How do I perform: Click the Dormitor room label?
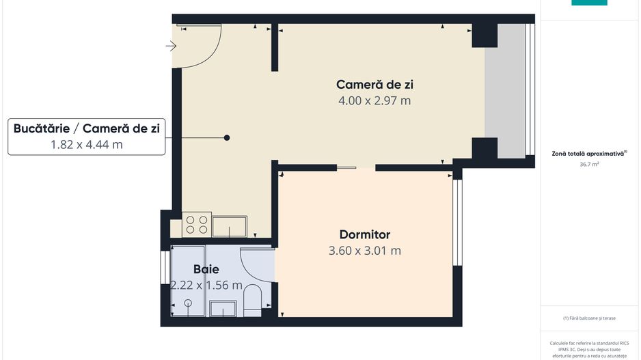(x=364, y=234)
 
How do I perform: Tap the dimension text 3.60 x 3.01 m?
(x=364, y=251)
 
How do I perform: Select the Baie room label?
(x=206, y=269)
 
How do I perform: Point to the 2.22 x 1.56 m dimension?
(x=206, y=285)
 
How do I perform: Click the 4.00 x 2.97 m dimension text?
(x=374, y=101)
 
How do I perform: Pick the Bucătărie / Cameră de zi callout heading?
(x=87, y=128)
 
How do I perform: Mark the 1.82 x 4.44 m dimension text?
(x=87, y=144)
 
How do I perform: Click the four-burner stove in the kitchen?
(x=197, y=225)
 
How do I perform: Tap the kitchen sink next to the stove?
(x=229, y=225)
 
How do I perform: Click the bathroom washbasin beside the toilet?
(x=223, y=308)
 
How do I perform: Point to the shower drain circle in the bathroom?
(x=188, y=303)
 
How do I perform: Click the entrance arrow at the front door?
(x=171, y=46)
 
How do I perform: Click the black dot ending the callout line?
(x=227, y=138)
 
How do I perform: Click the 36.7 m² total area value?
(x=589, y=165)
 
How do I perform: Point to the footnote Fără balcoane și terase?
(x=589, y=318)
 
